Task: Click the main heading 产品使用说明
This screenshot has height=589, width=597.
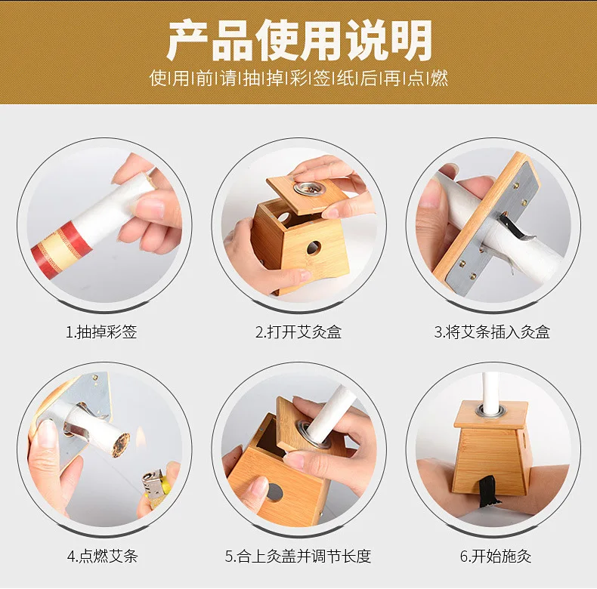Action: tap(299, 40)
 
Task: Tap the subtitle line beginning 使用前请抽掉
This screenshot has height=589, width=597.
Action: tap(299, 78)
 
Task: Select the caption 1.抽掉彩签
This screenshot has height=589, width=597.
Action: tap(101, 332)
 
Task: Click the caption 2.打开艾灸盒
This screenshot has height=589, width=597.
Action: tap(298, 332)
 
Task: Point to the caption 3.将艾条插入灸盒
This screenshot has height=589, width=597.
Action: tap(492, 332)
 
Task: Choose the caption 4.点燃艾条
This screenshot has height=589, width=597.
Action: tap(103, 556)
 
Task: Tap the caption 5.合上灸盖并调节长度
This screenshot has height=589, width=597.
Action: tap(298, 556)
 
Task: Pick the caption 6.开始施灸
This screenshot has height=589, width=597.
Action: tap(495, 556)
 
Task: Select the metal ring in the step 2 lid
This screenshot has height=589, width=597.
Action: tap(305, 188)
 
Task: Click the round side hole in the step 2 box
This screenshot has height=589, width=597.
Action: tap(314, 248)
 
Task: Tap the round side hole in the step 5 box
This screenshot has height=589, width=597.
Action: tap(274, 492)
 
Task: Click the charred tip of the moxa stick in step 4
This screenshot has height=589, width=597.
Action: tap(120, 446)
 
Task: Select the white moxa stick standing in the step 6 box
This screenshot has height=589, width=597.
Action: tap(490, 391)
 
